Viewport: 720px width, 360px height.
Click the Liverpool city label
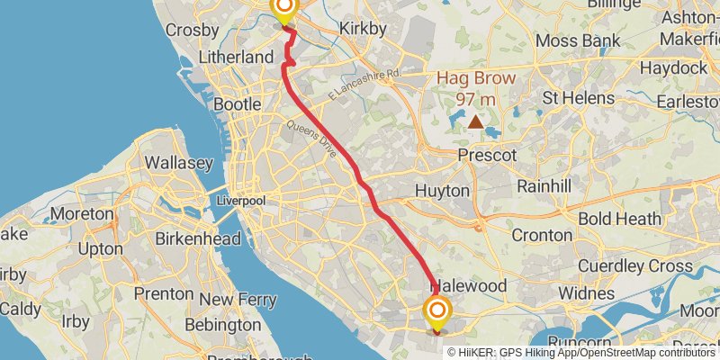tap(240, 201)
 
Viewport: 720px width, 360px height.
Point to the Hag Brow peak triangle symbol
tap(475, 119)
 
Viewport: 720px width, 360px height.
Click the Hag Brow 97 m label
tap(476, 87)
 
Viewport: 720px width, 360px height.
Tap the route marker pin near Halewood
tap(437, 312)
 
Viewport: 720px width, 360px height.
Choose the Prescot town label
tap(487, 156)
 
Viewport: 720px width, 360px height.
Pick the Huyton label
tap(442, 191)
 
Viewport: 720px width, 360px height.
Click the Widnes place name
tap(586, 294)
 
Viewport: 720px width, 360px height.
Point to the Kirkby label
tap(363, 29)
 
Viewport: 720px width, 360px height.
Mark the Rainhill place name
tap(544, 185)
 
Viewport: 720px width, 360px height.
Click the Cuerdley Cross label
tap(635, 265)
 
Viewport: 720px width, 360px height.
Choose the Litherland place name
tap(238, 57)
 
